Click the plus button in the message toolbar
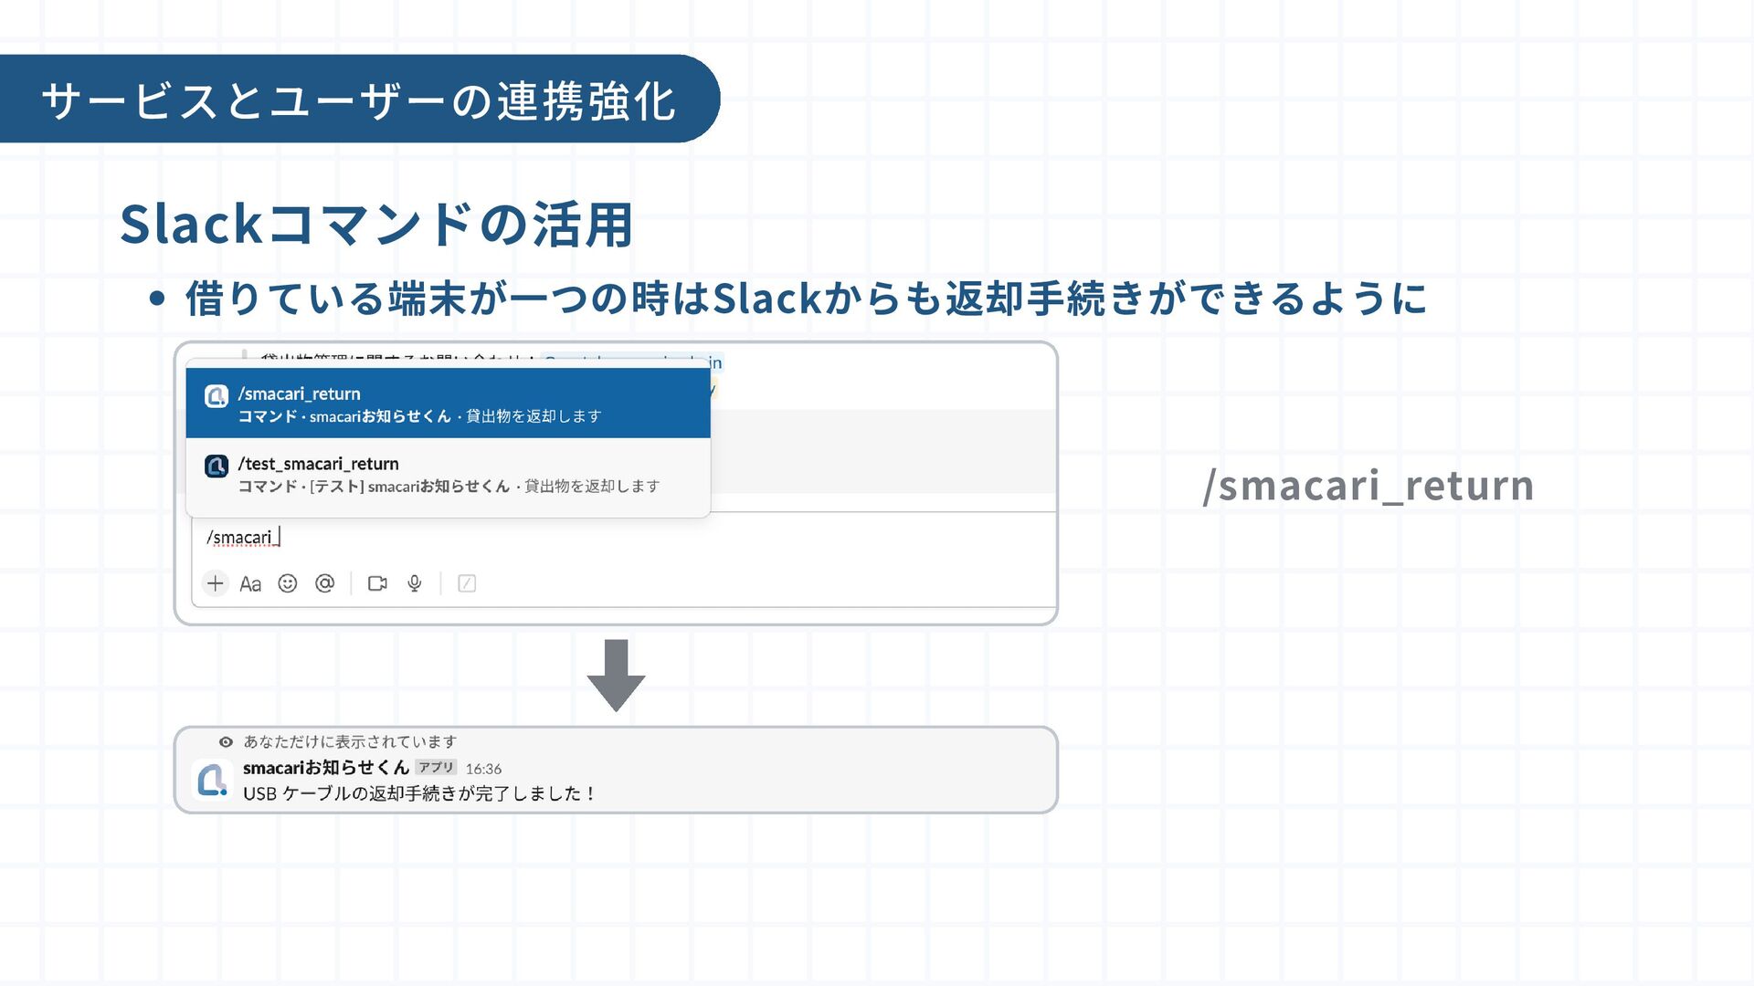pyautogui.click(x=215, y=583)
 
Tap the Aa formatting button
pyautogui.click(x=250, y=584)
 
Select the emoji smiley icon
pyautogui.click(x=288, y=583)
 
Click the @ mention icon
pyautogui.click(x=325, y=583)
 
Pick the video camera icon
pyautogui.click(x=377, y=583)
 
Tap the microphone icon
pyautogui.click(x=415, y=583)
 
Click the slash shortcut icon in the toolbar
pyautogui.click(x=467, y=583)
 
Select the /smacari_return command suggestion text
pyautogui.click(x=300, y=393)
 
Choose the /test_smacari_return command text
pyautogui.click(x=319, y=464)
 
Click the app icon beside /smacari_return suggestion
pyautogui.click(x=217, y=396)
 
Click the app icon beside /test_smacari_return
pyautogui.click(x=217, y=467)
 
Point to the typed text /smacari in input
pyautogui.click(x=239, y=538)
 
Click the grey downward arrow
pyautogui.click(x=617, y=675)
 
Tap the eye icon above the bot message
pyautogui.click(x=226, y=742)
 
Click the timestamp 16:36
pyautogui.click(x=483, y=769)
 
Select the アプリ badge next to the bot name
pyautogui.click(x=437, y=768)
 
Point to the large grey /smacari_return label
pyautogui.click(x=1368, y=486)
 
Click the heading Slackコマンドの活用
pyautogui.click(x=376, y=225)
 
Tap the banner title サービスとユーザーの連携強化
pyautogui.click(x=358, y=100)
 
